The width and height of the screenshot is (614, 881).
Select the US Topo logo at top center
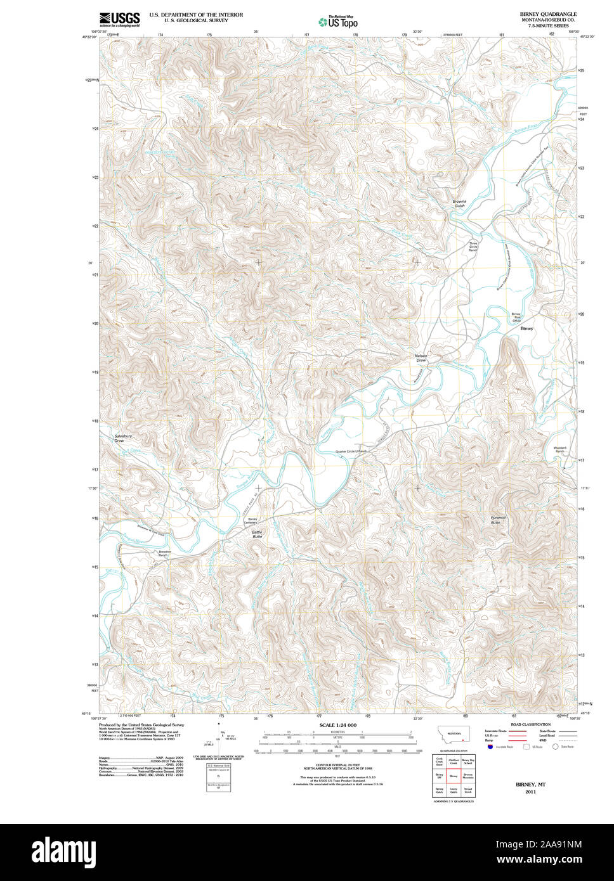[338, 22]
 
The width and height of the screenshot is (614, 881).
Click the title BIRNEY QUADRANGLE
[547, 13]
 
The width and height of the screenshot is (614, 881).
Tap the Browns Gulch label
[459, 203]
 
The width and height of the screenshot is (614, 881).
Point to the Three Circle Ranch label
[473, 247]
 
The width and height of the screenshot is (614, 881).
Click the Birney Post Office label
[516, 318]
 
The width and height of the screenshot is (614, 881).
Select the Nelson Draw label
[421, 357]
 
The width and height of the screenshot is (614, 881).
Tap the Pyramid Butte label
[498, 520]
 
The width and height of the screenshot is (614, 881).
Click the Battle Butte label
[257, 534]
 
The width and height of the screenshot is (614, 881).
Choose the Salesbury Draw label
[123, 438]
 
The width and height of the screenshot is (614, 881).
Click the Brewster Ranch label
[165, 553]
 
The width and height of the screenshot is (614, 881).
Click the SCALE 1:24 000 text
[338, 724]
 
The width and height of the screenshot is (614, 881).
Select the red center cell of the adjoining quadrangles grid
[453, 775]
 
